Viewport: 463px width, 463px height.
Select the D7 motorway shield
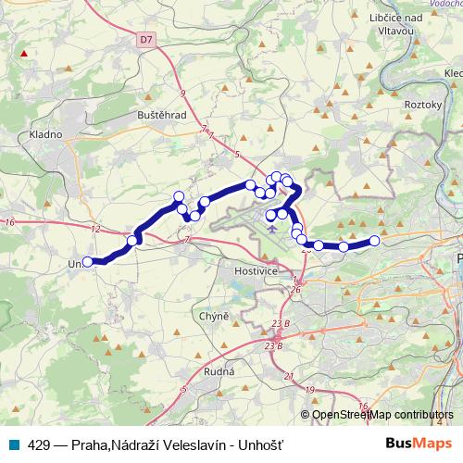click(146, 40)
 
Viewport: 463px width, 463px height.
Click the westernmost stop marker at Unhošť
click(89, 262)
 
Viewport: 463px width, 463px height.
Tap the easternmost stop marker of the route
click(375, 241)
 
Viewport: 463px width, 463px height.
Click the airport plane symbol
click(270, 227)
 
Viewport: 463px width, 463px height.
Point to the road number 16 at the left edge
click(10, 222)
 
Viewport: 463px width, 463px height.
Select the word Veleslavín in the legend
click(185, 443)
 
